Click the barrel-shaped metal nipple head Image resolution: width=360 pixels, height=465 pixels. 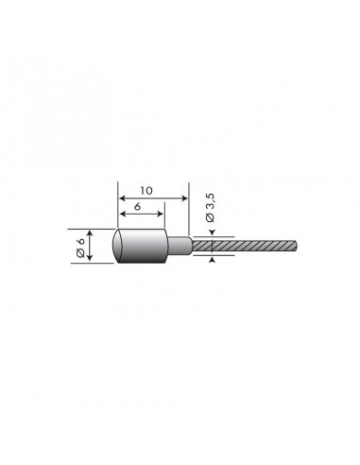138,248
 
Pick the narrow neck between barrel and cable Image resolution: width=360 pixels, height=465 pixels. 179,248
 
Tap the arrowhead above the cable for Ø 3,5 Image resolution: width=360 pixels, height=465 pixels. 212,236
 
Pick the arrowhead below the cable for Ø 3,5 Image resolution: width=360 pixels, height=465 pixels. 212,258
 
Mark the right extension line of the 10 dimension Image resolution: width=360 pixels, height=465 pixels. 186,213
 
